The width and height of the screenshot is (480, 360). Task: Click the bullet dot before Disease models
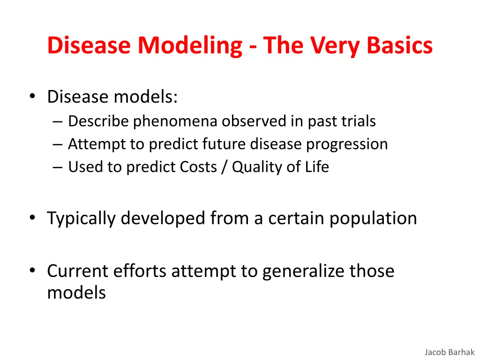(x=32, y=97)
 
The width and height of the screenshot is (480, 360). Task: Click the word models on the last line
(x=76, y=293)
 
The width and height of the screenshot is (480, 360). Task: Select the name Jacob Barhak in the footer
(x=450, y=352)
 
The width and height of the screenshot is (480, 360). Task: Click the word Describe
(x=98, y=121)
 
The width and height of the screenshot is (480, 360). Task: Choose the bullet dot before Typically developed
(x=32, y=218)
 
